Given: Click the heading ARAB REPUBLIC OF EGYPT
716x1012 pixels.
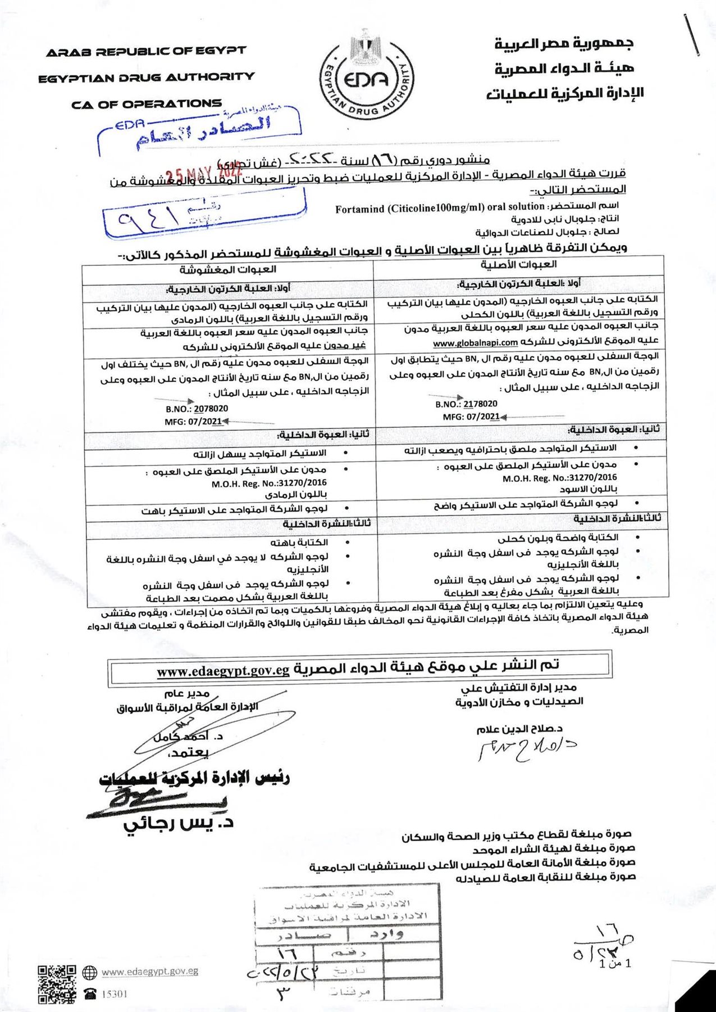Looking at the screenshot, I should [x=146, y=52].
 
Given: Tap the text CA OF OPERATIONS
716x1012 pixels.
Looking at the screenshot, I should [x=147, y=104].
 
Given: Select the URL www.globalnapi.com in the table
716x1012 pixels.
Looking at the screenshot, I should [x=475, y=342].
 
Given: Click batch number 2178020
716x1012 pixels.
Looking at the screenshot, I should [x=480, y=404].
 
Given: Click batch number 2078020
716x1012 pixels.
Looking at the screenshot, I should [x=211, y=409].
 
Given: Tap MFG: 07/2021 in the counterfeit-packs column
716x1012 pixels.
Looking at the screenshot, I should [x=194, y=422].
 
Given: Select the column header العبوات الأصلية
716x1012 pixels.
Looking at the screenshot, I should [x=518, y=264].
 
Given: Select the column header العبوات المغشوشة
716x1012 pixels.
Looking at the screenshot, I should [x=228, y=270].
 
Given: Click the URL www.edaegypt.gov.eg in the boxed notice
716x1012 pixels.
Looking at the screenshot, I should [x=223, y=671].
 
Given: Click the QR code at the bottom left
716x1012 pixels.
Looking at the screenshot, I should [x=57, y=984].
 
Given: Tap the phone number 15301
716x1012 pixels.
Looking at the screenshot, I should [x=115, y=994].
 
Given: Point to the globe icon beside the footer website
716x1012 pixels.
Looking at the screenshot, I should [x=90, y=972].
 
